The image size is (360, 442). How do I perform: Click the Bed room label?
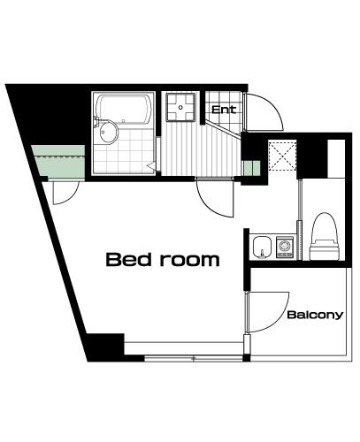pyautogui.click(x=163, y=260)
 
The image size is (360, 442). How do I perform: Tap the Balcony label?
pyautogui.click(x=315, y=315)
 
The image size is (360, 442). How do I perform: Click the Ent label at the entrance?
pyautogui.click(x=224, y=110)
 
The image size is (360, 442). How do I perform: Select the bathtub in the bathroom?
pyautogui.click(x=124, y=109)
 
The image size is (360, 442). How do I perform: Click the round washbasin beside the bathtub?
pyautogui.click(x=109, y=133)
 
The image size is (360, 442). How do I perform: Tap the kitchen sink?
pyautogui.click(x=262, y=247)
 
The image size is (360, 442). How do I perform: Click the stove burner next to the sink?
pyautogui.click(x=285, y=247)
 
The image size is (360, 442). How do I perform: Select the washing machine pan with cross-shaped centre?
pyautogui.click(x=180, y=107)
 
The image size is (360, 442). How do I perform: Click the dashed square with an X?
pyautogui.click(x=282, y=156)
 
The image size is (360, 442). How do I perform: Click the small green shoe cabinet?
pyautogui.click(x=251, y=169)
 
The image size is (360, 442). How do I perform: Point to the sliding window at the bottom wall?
pyautogui.click(x=194, y=359)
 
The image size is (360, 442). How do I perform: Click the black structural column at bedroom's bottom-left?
pyautogui.click(x=104, y=347)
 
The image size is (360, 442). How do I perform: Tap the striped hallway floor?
pyautogui.click(x=201, y=148)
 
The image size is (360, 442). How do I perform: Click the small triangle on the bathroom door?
pyautogui.click(x=151, y=165)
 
